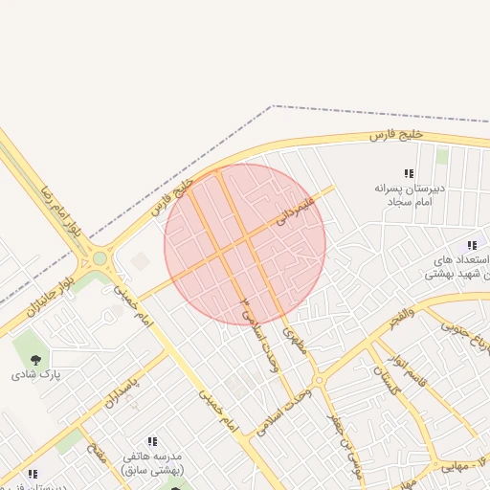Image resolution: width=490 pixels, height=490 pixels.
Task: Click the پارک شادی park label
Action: coord(35,374)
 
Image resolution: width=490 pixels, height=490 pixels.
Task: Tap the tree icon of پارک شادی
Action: coord(36,360)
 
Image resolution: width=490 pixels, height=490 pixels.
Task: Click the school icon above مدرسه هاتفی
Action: coord(152,441)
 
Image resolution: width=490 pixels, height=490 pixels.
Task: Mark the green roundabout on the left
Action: coord(100,257)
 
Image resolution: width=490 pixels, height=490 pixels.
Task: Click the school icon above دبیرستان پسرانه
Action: coord(409,173)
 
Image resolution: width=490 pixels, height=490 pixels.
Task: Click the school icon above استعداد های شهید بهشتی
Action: coord(472,244)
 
